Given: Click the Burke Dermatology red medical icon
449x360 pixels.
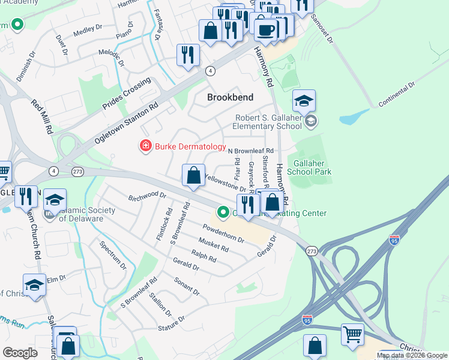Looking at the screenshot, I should click(x=145, y=146).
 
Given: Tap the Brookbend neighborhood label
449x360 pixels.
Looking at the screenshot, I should click(x=230, y=97).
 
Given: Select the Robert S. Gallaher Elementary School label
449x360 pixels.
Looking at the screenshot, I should click(x=268, y=122).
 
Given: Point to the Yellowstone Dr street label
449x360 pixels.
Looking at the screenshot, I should click(x=222, y=183).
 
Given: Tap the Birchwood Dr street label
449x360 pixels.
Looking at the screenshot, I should click(x=146, y=196).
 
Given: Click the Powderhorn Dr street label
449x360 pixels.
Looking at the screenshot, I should click(x=223, y=234).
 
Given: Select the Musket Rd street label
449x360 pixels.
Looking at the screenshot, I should click(x=214, y=245).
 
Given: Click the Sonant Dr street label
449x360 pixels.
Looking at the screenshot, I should click(x=186, y=286).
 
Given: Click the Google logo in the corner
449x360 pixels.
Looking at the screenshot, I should click(x=20, y=353).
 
